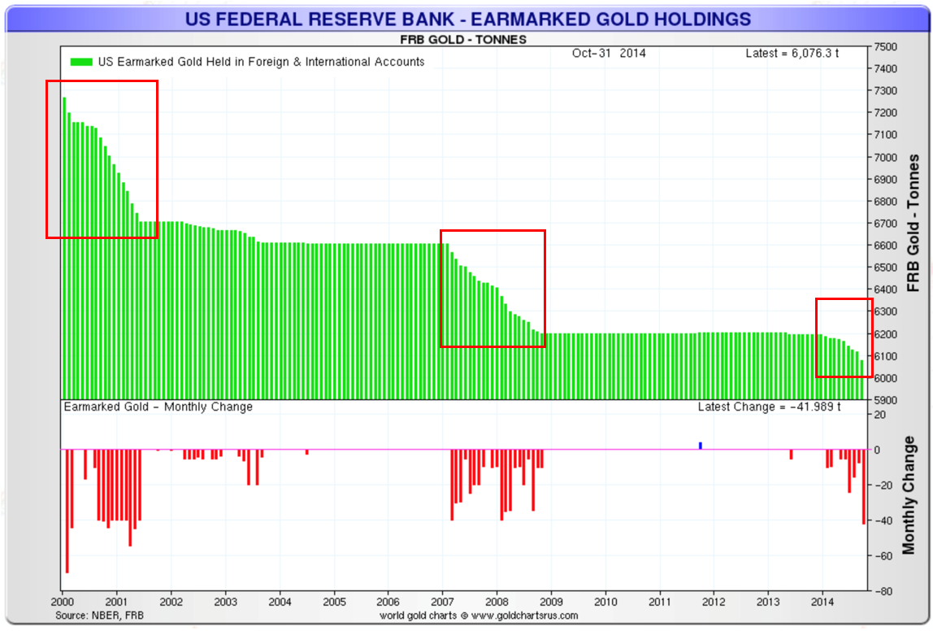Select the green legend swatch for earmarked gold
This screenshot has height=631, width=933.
point(81,62)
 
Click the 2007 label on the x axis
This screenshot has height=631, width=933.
point(442,603)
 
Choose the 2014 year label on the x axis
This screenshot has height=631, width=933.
point(822,603)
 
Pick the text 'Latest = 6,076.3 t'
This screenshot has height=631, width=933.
point(792,53)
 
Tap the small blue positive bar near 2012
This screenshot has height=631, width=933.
point(701,446)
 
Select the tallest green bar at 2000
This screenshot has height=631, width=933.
point(64,244)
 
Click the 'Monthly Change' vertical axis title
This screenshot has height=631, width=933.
point(909,494)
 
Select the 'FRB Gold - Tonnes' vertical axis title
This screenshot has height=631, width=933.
point(913,223)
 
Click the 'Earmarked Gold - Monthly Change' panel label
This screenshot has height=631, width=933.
point(158,407)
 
